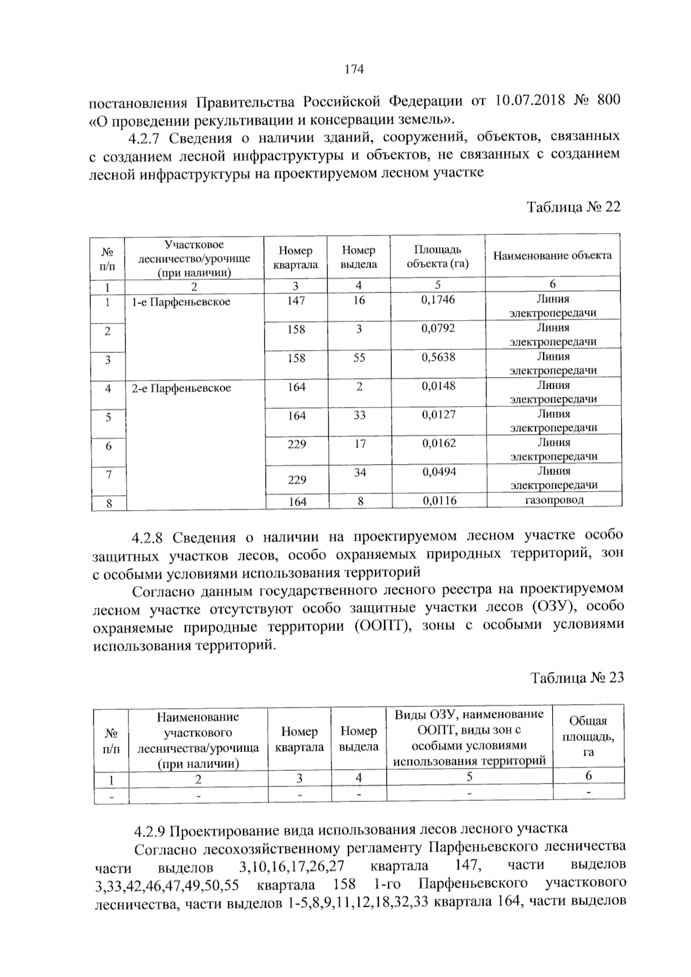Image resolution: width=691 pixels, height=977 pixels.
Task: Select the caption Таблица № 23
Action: coord(577,678)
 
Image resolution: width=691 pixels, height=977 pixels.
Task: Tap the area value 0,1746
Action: coord(438,299)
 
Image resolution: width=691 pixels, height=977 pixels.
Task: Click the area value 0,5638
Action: coord(438,358)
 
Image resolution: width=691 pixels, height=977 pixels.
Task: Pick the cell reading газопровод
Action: coord(554,500)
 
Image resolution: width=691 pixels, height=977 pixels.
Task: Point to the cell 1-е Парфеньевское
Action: coord(181,302)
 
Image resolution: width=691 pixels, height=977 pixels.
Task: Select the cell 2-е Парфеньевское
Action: coord(181,388)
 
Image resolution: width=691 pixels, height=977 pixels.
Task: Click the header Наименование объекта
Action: coord(552,255)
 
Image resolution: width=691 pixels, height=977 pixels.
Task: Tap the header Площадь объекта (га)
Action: coord(438,257)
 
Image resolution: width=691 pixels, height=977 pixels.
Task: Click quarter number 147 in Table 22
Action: coord(296,301)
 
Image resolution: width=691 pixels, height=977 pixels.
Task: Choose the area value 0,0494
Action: coord(439,472)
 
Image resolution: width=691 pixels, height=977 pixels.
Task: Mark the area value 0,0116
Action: coord(439,501)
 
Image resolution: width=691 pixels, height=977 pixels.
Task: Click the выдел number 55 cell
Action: coord(359,358)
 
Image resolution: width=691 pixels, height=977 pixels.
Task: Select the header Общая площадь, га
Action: coord(588,736)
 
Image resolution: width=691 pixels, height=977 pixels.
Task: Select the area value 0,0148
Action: coord(438,386)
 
